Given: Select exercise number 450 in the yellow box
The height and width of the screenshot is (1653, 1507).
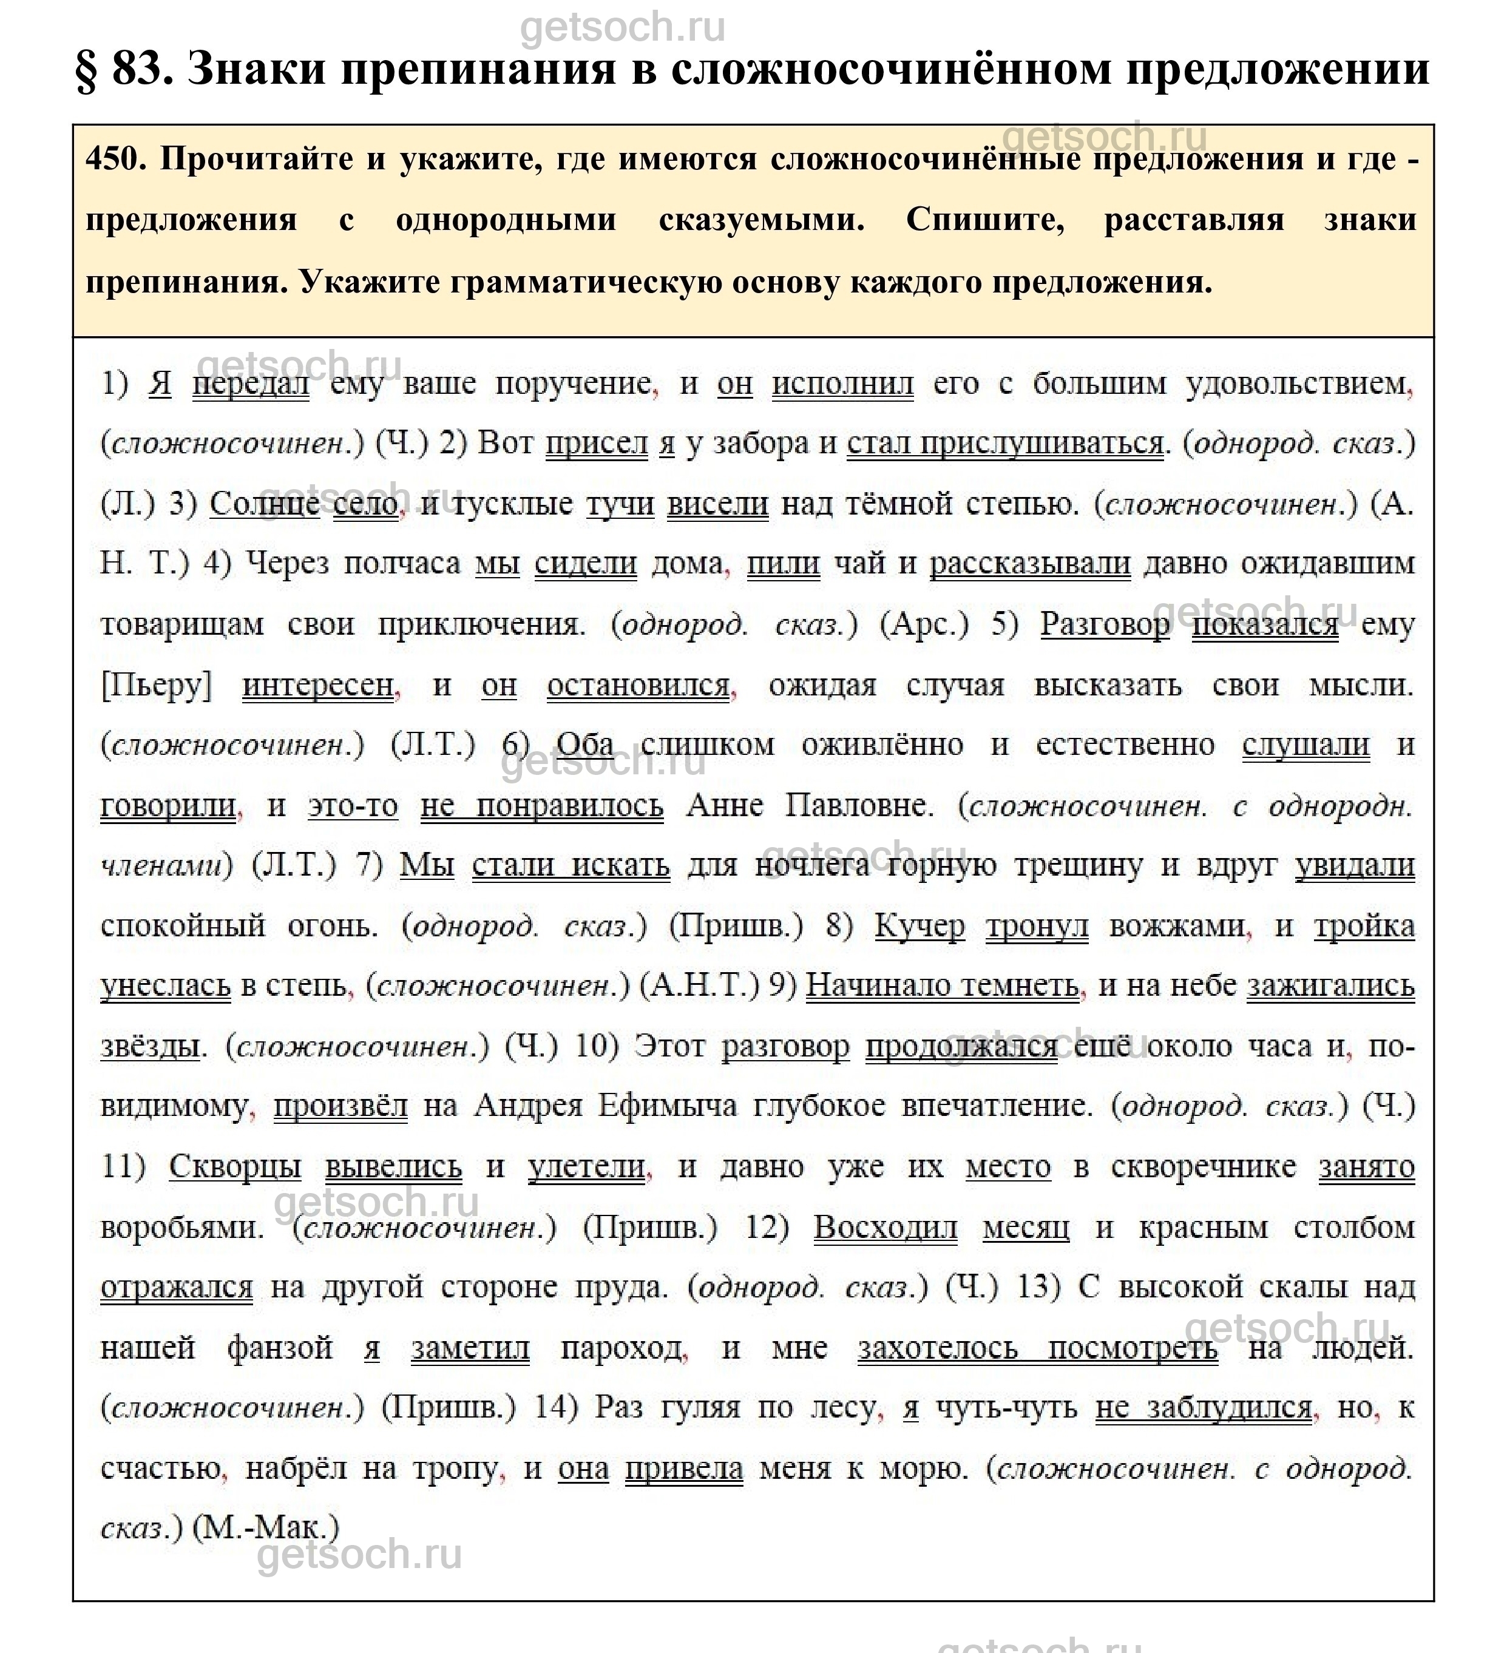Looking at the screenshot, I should tap(115, 159).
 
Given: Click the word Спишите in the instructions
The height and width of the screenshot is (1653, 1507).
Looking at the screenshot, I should tap(984, 220).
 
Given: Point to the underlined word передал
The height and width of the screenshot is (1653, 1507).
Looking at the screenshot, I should tap(251, 384).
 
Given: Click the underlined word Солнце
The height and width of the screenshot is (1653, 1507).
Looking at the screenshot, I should tap(264, 504).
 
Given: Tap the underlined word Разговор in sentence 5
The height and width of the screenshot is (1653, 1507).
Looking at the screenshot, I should tap(1105, 625).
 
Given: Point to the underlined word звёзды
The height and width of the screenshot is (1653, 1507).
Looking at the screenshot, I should tap(150, 1047).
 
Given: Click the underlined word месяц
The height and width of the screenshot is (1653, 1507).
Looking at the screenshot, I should tap(1026, 1228).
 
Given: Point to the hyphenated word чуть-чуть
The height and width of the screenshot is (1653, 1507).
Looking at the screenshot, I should tap(1006, 1408).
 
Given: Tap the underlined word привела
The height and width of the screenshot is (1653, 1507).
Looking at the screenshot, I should tap(684, 1469).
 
